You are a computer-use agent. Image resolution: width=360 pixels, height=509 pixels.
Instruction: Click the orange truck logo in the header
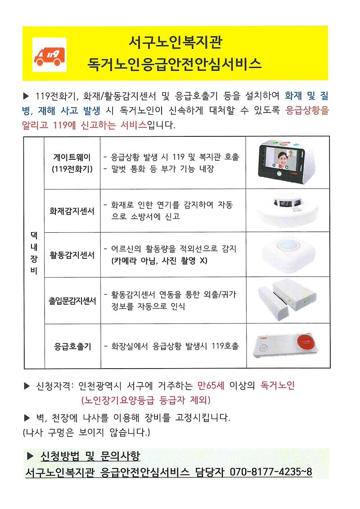49,54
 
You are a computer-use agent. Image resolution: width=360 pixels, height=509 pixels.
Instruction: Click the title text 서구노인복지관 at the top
175,43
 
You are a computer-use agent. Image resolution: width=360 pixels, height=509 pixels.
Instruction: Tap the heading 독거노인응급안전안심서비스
175,63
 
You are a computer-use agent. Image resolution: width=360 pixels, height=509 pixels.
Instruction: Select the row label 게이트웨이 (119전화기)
72,163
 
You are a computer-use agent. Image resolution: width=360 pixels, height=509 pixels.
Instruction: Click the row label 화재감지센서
72,211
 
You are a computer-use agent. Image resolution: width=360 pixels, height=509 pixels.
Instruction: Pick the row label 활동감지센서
72,255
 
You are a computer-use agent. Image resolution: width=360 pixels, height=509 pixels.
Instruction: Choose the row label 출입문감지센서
72,301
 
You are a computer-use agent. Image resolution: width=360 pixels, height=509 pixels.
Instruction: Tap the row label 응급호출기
72,347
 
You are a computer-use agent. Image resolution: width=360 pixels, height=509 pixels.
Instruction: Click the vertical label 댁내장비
34,253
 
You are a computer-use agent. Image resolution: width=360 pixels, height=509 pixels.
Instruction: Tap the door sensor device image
288,300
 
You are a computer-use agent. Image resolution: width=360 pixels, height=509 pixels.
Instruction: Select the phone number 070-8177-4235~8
271,472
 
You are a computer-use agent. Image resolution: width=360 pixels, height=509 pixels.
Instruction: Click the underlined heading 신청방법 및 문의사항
90,457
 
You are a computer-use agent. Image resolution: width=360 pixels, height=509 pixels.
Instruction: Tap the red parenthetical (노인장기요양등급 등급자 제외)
146,400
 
